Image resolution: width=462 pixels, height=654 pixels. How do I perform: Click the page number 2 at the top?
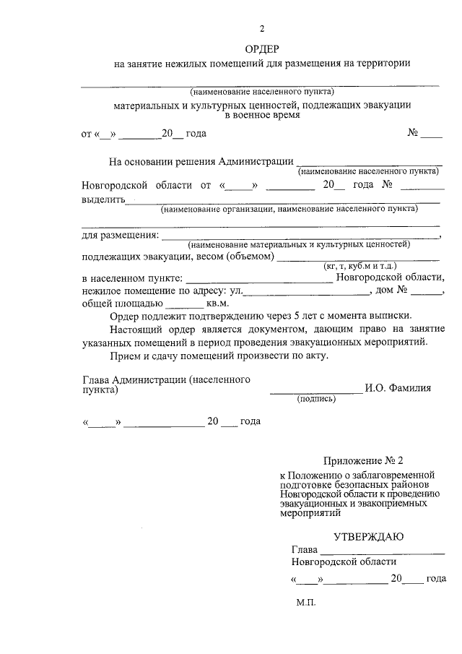tap(262, 29)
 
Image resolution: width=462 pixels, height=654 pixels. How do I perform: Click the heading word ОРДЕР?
tap(262, 48)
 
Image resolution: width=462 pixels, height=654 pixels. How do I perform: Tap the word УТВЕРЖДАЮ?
tap(368, 536)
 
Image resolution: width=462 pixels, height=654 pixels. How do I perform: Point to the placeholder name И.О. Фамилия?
tap(398, 387)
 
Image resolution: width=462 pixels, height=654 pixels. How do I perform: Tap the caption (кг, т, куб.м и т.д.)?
tap(358, 267)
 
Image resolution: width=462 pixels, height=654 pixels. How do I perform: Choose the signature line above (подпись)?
tap(315, 391)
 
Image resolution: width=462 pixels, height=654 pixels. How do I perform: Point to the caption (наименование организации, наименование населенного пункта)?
tap(289, 209)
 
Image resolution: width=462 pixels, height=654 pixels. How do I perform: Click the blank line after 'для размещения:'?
tap(300, 236)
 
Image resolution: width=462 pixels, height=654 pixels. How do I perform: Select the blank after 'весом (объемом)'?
tap(358, 258)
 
